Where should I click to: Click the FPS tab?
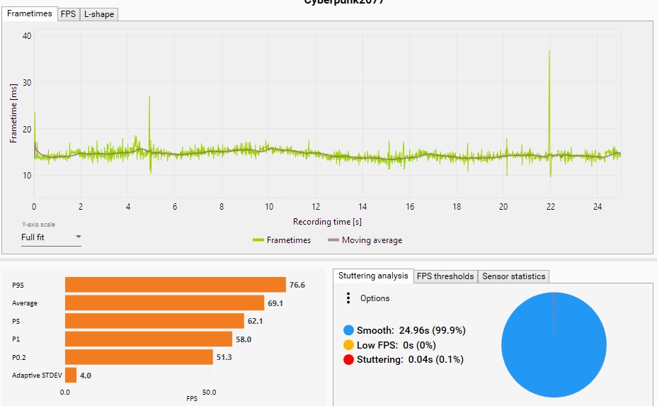[x=68, y=13]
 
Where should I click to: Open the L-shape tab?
[x=98, y=13]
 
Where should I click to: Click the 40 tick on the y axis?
[x=27, y=35]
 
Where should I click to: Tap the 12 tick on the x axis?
[x=315, y=207]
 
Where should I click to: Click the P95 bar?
[x=175, y=285]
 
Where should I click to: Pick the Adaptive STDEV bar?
[x=70, y=375]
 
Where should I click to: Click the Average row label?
[x=25, y=303]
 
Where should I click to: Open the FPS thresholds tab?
[x=445, y=276]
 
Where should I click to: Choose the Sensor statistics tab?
[x=513, y=276]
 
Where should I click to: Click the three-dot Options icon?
[x=348, y=298]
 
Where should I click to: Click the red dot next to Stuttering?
[x=348, y=359]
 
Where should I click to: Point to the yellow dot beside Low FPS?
[x=348, y=345]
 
